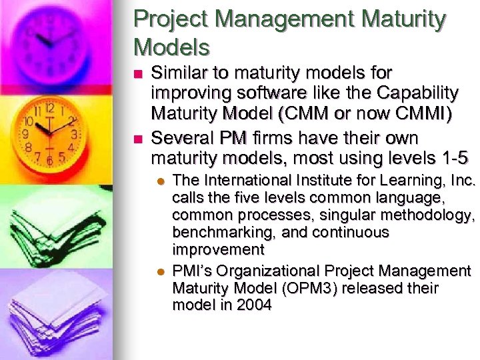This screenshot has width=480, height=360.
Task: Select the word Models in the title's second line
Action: pos(172,47)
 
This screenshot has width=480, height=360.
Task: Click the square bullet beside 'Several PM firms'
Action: pos(138,139)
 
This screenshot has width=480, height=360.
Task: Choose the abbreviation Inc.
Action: pos(462,181)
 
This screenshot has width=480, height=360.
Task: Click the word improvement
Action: pos(218,250)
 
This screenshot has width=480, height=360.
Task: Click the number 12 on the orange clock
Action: pos(49,107)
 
